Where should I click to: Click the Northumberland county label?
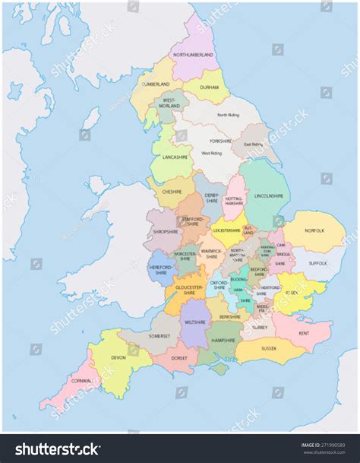pos(194,55)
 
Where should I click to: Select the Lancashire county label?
pos(174,157)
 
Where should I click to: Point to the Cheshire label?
pos(172,192)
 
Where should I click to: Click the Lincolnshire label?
pos(270,195)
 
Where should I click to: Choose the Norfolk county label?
pos(314,230)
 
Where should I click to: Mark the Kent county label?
pos(304,334)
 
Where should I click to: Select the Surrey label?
pos(260,327)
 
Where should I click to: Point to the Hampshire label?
pos(223,340)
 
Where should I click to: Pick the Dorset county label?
pos(179,357)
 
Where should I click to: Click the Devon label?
pos(118,357)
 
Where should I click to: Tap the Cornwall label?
pos(82,380)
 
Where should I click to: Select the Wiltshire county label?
pos(195,322)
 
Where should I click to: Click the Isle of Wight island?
pos(219,369)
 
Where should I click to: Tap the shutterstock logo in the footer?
pos(58,448)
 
